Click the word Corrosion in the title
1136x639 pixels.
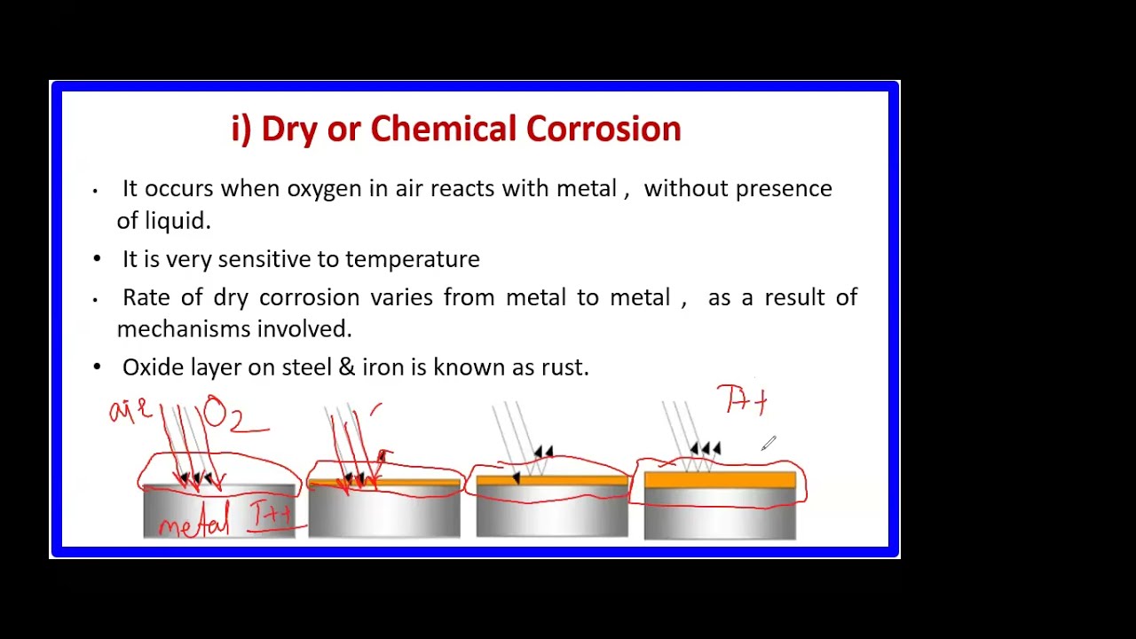tap(603, 130)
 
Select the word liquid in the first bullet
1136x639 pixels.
tap(177, 221)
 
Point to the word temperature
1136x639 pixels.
tap(412, 259)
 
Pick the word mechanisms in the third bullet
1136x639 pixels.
tap(184, 329)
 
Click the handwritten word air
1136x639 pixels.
tap(130, 412)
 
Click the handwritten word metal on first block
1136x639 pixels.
tap(193, 523)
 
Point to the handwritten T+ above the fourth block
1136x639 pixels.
tap(744, 401)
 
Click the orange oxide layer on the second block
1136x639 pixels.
tap(417, 484)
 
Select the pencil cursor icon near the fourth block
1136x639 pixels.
tap(769, 443)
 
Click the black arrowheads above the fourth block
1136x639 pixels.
tap(705, 449)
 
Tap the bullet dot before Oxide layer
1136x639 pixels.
tap(97, 367)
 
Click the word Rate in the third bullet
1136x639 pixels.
tap(146, 297)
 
